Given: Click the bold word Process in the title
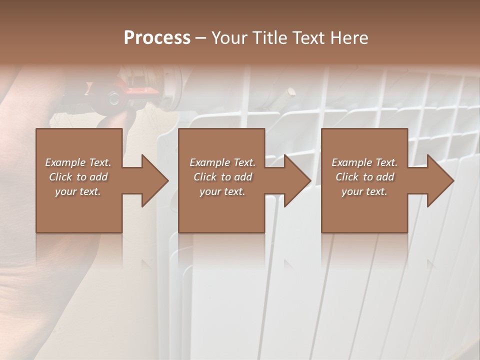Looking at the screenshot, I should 157,37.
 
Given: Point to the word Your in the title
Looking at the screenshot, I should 228,37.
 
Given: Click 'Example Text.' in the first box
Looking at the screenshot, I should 78,162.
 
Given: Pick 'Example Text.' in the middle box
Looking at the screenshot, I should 222,162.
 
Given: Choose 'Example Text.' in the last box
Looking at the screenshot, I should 364,162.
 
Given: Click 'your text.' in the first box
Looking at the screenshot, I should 78,191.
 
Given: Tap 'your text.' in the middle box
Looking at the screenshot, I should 222,191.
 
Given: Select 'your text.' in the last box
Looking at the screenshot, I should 364,191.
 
